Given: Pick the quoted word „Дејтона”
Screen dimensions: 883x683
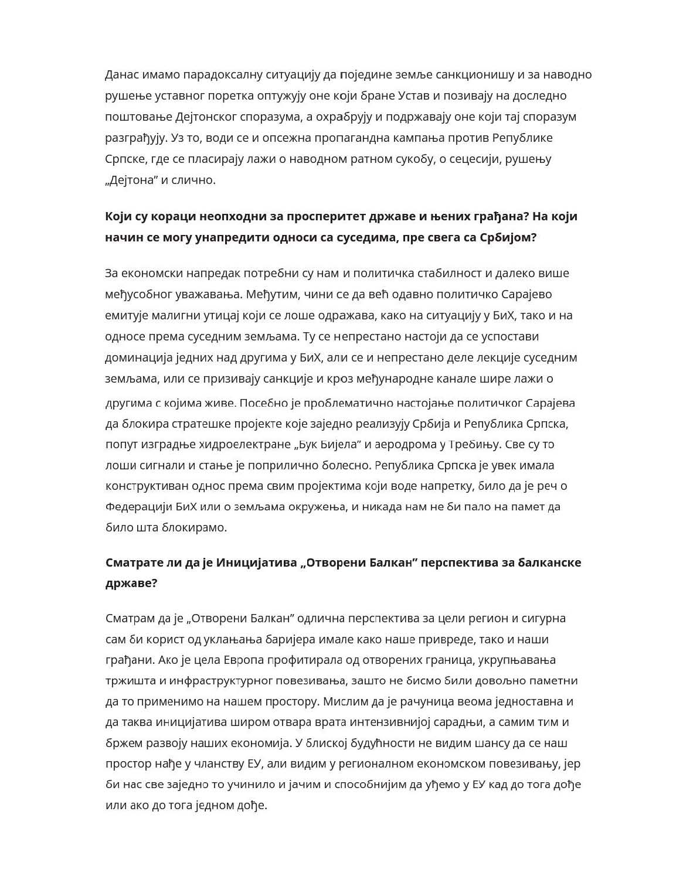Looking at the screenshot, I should pos(131,180).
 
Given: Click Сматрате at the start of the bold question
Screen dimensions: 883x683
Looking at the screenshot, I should pos(131,562).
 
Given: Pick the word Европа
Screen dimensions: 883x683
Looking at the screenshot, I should pos(243,660).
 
